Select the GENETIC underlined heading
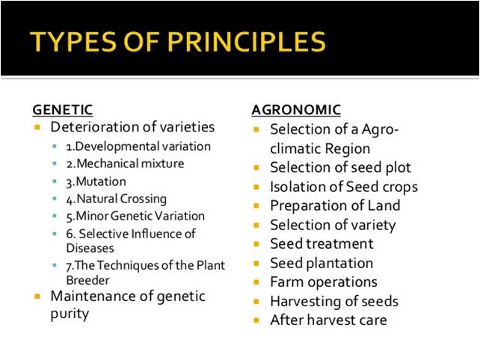coord(62,110)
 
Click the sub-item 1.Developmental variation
coord(138,146)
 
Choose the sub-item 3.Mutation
coord(96,181)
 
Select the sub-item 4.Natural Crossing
coord(116,199)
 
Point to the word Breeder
coord(88,279)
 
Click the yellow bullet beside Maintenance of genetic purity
coord(37,297)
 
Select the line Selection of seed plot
coord(340,167)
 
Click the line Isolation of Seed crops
coord(343,187)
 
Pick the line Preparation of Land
coord(335,205)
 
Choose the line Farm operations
coord(323,282)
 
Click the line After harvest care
coord(328,320)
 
